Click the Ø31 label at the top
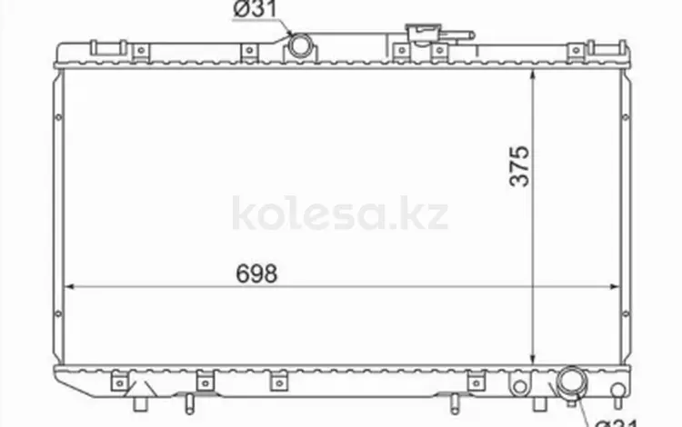click(255, 9)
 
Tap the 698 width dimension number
click(256, 273)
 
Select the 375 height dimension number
click(520, 166)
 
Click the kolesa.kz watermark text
click(340, 213)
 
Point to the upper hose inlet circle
click(300, 45)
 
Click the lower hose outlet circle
click(572, 379)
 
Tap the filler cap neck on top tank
click(424, 34)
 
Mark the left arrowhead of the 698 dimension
click(69, 287)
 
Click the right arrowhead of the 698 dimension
click(614, 287)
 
